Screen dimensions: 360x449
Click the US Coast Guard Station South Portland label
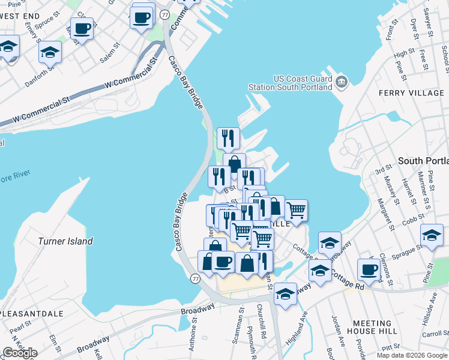pos(294,83)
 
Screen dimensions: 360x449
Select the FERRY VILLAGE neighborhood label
pos(411,93)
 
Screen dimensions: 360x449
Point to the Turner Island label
pos(65,241)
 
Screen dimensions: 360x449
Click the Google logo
pos(20,352)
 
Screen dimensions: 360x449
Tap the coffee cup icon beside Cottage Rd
pos(369,269)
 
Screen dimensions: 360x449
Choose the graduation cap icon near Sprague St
pos(432,235)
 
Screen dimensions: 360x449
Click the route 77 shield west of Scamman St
pos(196,279)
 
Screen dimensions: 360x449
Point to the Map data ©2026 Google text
pos(411,355)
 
